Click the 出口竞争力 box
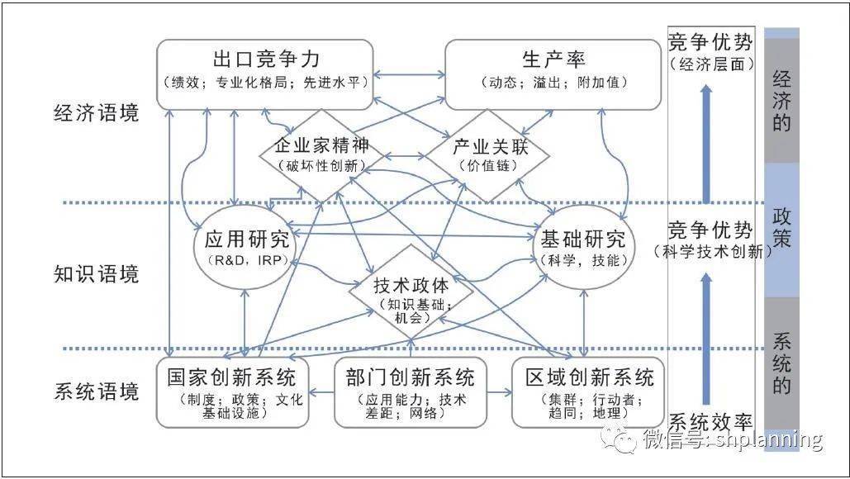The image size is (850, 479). (x=265, y=74)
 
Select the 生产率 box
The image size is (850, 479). (x=553, y=74)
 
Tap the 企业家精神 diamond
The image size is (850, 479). (x=321, y=155)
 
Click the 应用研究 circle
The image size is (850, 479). (x=245, y=247)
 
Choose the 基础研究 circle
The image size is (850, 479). (x=583, y=247)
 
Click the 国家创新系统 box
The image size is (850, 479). (x=233, y=392)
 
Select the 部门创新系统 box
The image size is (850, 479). (x=411, y=392)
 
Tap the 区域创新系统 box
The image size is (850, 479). (x=588, y=392)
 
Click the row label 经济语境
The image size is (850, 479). (x=97, y=113)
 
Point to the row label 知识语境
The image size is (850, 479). (x=97, y=274)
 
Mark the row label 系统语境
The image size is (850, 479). (x=97, y=391)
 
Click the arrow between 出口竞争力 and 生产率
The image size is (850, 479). (x=409, y=74)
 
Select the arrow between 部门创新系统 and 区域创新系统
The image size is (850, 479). (x=499, y=391)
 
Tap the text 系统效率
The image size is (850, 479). (x=710, y=422)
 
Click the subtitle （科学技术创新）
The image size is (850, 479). (x=712, y=251)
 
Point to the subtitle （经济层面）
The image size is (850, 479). (x=711, y=64)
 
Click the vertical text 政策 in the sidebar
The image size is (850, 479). (x=781, y=228)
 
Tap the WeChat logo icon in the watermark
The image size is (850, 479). (x=619, y=439)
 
